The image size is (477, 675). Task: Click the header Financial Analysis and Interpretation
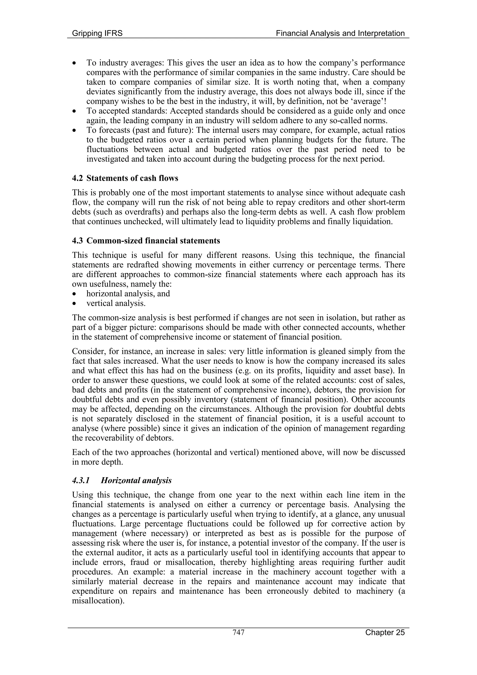(340, 33)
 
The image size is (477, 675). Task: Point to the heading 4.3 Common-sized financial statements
(146, 241)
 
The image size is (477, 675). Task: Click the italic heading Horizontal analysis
(136, 481)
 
